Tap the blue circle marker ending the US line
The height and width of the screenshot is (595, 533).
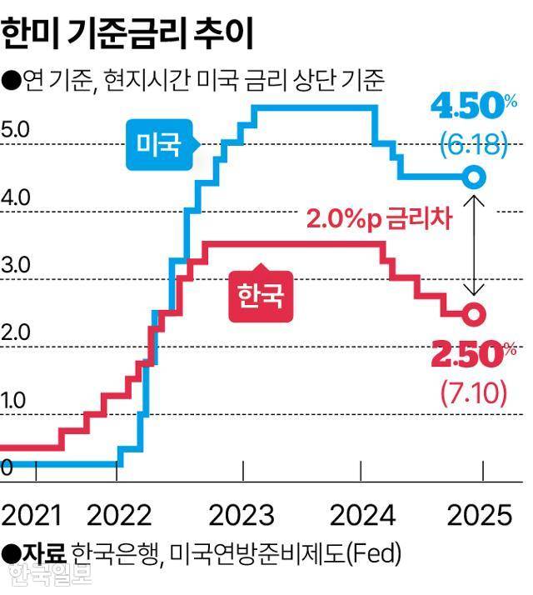[x=473, y=177]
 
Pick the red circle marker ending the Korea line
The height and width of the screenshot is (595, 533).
[x=473, y=315]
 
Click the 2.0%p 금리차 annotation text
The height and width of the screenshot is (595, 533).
[x=378, y=220]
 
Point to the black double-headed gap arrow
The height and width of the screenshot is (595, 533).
[x=473, y=246]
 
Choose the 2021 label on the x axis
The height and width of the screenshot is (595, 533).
[x=32, y=515]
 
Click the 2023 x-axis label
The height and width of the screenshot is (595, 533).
[x=242, y=515]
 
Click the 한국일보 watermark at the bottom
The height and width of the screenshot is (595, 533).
[x=49, y=574]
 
